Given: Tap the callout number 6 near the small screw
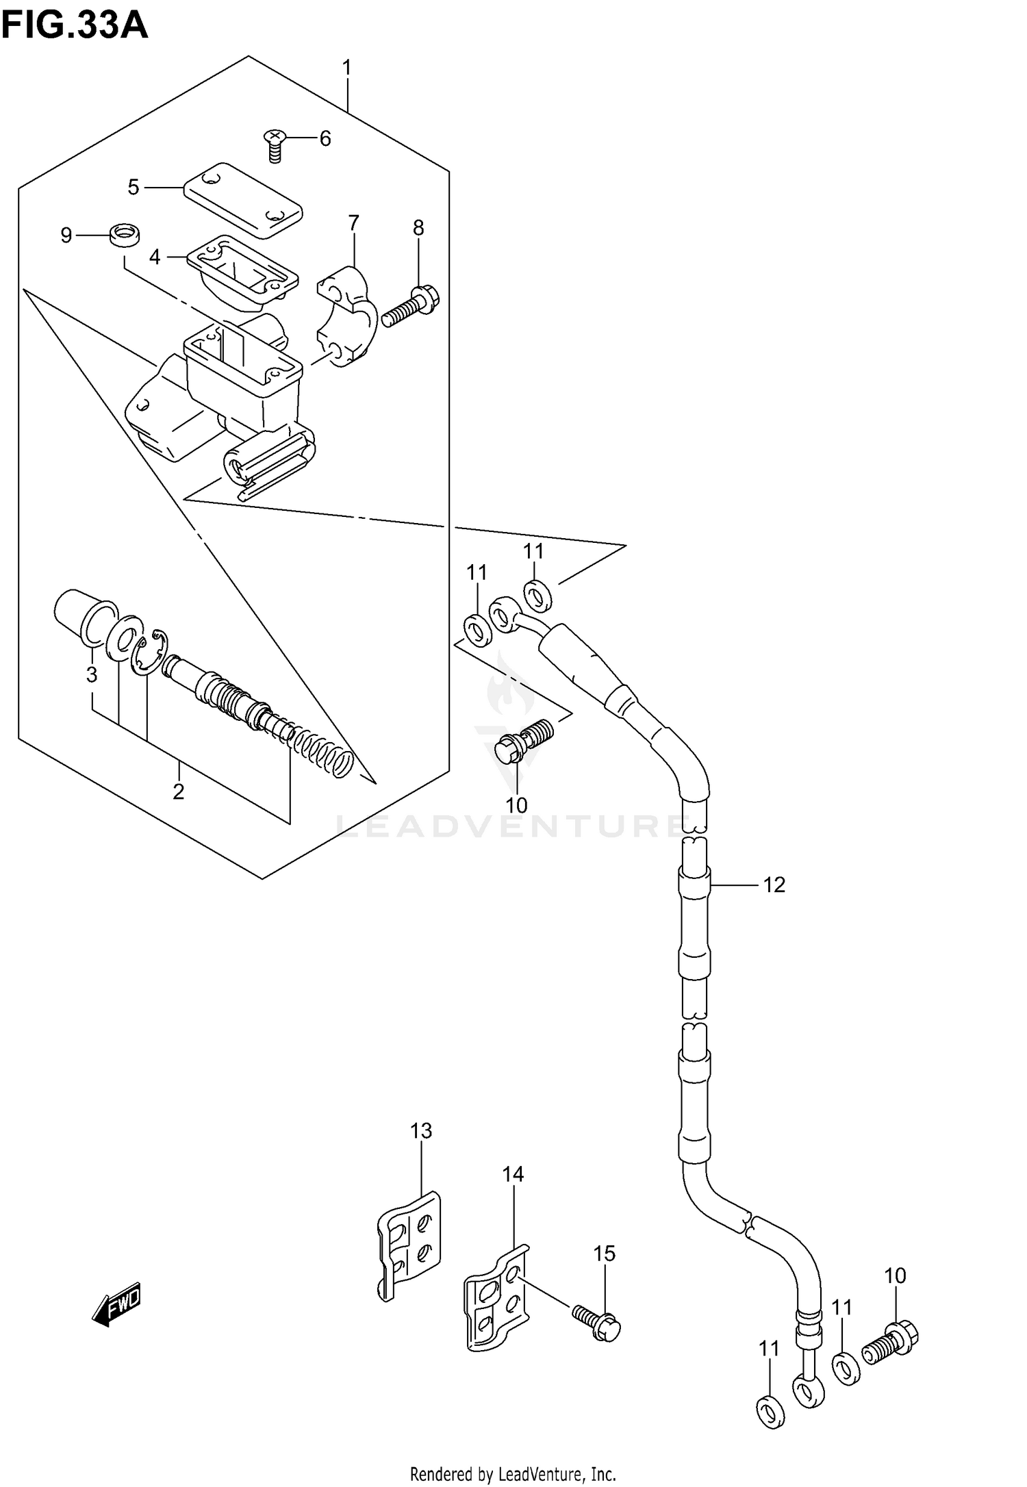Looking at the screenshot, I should (x=325, y=139).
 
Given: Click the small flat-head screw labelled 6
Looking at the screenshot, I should (x=274, y=146).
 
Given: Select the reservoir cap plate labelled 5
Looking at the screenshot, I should (x=243, y=200).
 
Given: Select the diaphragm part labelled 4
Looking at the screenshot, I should (x=242, y=270).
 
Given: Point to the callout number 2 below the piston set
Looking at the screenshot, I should (x=179, y=791).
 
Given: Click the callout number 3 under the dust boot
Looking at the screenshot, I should (x=92, y=674).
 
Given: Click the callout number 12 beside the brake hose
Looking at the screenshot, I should (x=774, y=885).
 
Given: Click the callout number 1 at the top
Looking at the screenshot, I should (x=346, y=68).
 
